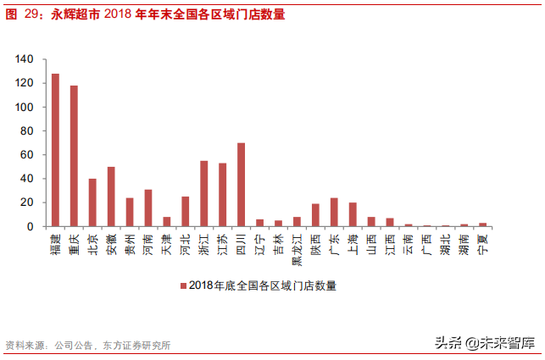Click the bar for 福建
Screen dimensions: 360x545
point(55,150)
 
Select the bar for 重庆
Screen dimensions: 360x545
point(74,156)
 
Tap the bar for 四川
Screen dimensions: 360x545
point(241,185)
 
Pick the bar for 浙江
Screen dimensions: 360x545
point(203,193)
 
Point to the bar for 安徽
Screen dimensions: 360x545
point(111,197)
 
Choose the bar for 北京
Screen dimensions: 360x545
point(92,202)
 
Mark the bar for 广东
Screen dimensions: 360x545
point(334,212)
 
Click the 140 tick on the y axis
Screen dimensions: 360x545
point(25,59)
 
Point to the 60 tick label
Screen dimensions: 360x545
point(27,155)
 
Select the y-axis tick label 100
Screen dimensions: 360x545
point(25,108)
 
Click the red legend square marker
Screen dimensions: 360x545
point(182,286)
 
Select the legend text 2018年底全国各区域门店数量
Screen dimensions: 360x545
point(263,286)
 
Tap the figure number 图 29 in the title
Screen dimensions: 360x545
point(25,14)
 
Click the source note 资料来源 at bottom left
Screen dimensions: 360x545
point(25,346)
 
